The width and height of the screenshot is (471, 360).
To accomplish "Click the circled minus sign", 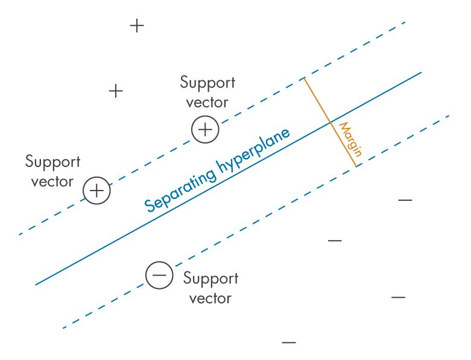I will (x=159, y=276).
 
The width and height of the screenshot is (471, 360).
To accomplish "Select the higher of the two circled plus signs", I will (x=205, y=130).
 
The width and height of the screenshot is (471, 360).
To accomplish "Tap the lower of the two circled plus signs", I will (x=97, y=191).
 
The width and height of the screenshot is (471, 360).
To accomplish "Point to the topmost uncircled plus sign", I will (x=138, y=26).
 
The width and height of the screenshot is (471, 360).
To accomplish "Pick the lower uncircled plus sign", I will (x=116, y=91).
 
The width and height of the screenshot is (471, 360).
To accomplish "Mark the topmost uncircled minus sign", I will (x=405, y=200).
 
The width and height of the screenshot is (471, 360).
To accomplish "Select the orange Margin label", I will (x=350, y=139).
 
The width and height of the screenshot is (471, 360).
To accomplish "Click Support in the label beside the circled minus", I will (x=210, y=279).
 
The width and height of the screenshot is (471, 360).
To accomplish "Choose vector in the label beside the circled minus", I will (x=210, y=298).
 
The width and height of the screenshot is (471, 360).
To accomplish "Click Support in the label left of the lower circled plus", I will (x=52, y=162).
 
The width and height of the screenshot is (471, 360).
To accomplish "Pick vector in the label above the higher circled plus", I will (x=207, y=102).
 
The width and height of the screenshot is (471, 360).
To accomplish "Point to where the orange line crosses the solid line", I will (x=330, y=122).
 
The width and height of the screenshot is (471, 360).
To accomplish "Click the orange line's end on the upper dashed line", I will (x=304, y=78).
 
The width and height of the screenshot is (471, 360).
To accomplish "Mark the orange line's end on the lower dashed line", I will (x=356, y=166).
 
